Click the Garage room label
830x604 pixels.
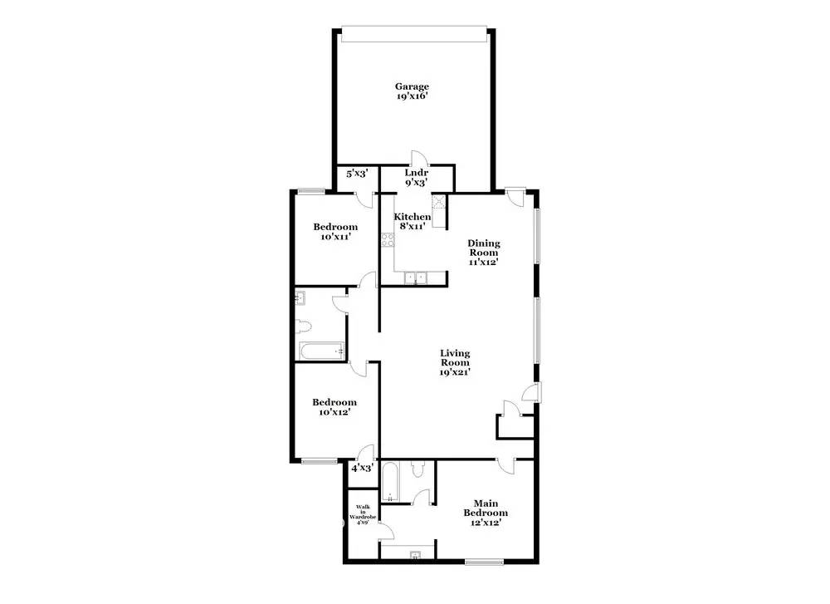click(x=412, y=86)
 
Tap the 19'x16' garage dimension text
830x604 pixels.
click(x=412, y=96)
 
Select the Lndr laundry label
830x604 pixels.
click(x=416, y=173)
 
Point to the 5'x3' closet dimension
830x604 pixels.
click(x=357, y=174)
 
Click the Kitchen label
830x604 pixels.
click(x=412, y=217)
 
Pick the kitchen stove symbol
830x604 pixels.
click(x=388, y=240)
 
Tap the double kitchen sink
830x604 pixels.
click(x=416, y=277)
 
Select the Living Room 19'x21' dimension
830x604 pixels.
click(x=455, y=372)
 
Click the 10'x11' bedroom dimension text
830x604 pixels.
click(x=335, y=236)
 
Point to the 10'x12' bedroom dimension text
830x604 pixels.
click(x=334, y=412)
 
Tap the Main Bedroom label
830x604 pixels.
click(x=486, y=508)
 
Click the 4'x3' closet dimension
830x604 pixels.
click(x=363, y=469)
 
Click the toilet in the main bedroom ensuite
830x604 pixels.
click(x=418, y=469)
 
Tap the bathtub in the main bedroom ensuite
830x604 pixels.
click(x=390, y=483)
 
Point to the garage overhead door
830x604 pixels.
click(x=414, y=34)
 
